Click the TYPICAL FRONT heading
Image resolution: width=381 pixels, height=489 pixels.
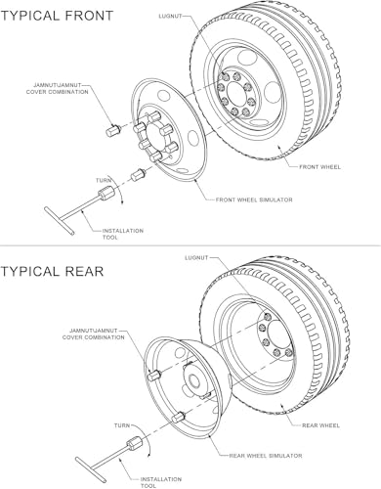pyautogui.click(x=57, y=16)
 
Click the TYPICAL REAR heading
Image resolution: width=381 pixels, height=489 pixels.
pyautogui.click(x=52, y=271)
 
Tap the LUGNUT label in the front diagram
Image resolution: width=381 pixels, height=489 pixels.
pyautogui.click(x=170, y=16)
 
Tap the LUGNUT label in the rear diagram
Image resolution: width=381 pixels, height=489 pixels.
pyautogui.click(x=196, y=257)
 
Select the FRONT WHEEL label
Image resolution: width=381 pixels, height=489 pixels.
pyautogui.click(x=320, y=167)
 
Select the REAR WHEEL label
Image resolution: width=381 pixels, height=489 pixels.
pyautogui.click(x=320, y=425)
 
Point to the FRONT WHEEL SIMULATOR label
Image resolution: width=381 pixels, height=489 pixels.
pyautogui.click(x=254, y=200)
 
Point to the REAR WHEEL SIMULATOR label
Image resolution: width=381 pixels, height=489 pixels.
pyautogui.click(x=266, y=456)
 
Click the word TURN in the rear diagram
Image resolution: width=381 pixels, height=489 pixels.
pyautogui.click(x=122, y=425)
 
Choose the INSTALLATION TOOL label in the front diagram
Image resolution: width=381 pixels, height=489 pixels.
pyautogui.click(x=123, y=234)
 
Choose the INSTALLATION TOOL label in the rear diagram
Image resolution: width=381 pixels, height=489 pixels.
pyautogui.click(x=161, y=482)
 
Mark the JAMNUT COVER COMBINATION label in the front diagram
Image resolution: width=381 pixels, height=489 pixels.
pyautogui.click(x=58, y=89)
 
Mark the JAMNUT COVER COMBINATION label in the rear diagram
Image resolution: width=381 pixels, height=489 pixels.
pyautogui.click(x=94, y=334)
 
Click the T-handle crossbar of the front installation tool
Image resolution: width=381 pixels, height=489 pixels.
pyautogui.click(x=60, y=221)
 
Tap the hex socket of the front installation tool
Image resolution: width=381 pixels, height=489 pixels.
pyautogui.click(x=106, y=193)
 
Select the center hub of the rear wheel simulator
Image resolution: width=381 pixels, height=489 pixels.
pyautogui.click(x=194, y=379)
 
